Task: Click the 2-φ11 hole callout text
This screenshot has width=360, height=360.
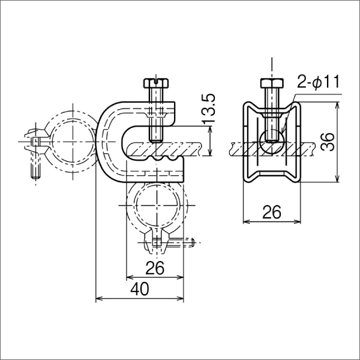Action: (318, 82)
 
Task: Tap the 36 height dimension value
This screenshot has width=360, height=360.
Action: (327, 143)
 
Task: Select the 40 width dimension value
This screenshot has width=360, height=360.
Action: (140, 289)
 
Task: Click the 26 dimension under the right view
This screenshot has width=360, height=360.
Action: (272, 212)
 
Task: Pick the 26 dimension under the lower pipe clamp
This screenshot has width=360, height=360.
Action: (155, 268)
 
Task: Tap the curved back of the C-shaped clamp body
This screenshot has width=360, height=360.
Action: (103, 144)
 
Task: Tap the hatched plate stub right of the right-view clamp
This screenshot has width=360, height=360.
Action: (307, 146)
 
